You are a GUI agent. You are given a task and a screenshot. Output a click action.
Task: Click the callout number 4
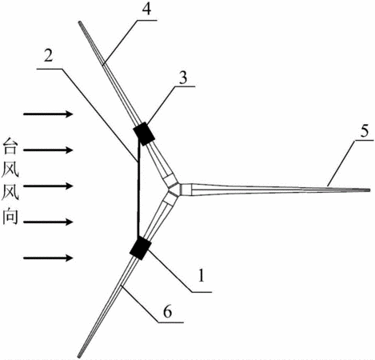[x=146, y=9]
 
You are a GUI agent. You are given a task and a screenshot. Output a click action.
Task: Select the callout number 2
[x=48, y=56]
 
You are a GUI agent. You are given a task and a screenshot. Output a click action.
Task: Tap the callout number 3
[x=183, y=78]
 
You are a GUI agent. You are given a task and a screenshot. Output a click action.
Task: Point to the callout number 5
[x=365, y=132]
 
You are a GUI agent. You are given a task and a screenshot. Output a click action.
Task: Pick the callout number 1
[x=201, y=275]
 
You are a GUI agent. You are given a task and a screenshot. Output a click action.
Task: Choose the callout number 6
[x=168, y=311]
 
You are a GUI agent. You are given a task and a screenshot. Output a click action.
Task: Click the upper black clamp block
[x=144, y=134]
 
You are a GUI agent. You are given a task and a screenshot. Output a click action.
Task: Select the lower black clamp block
[x=141, y=249]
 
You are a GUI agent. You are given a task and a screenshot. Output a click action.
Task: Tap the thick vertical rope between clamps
[x=138, y=190]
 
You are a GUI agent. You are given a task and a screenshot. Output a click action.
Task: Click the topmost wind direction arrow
[x=48, y=114]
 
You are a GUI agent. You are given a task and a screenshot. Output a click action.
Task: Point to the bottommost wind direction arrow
[x=48, y=258]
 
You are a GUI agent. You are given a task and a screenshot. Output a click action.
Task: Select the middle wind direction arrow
[x=48, y=186]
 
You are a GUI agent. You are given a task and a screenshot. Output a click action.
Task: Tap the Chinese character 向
[x=10, y=216]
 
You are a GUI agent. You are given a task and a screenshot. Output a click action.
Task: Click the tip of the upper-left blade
[x=80, y=22]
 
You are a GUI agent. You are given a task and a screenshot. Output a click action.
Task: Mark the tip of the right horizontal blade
[x=369, y=190]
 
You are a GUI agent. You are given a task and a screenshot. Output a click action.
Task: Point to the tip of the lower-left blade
[x=79, y=356]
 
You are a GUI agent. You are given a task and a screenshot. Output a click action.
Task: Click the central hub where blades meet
[x=174, y=190]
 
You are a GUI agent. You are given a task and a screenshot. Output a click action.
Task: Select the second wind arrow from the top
[x=48, y=150]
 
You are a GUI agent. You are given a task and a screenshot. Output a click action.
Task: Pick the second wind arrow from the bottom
[x=48, y=222]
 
